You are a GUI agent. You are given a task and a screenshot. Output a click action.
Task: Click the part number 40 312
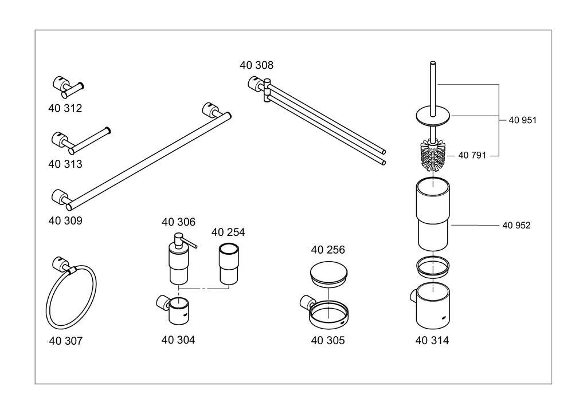[x=65, y=108]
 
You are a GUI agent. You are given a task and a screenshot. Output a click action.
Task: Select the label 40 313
[x=65, y=164]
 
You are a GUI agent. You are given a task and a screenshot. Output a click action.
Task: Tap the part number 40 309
[x=65, y=220]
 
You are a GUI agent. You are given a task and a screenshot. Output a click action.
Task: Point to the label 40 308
[x=256, y=65]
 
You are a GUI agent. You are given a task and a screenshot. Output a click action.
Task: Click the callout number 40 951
[x=522, y=120]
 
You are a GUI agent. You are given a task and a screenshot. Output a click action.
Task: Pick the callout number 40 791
[x=472, y=155]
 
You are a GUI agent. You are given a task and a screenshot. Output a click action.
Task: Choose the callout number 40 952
[x=516, y=226]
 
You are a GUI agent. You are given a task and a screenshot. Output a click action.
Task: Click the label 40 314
[x=432, y=341]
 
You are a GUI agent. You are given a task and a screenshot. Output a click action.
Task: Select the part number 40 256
[x=328, y=250]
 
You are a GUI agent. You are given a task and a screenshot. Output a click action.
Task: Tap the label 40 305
[x=328, y=341]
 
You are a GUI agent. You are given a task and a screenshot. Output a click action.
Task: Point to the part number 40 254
[x=228, y=232]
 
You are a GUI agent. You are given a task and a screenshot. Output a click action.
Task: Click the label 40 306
[x=178, y=222]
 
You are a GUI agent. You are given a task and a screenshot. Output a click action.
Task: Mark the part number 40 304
[x=178, y=340]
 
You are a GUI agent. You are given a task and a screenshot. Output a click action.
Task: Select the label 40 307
[x=65, y=341]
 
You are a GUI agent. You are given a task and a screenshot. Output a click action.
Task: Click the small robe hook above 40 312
[x=66, y=86]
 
